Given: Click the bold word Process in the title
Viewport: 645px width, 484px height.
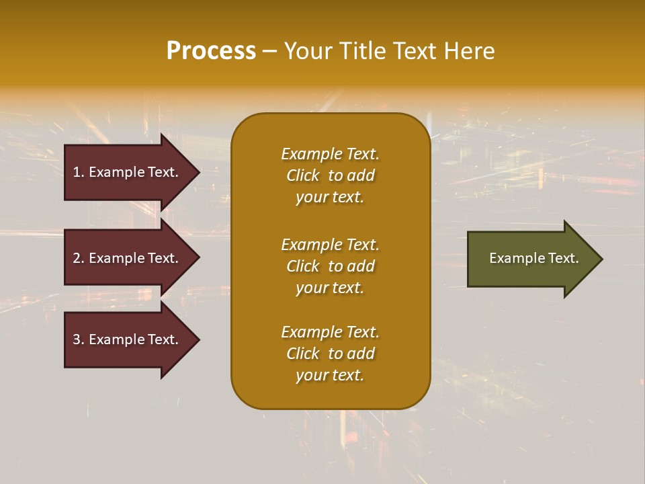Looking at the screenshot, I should pyautogui.click(x=211, y=51).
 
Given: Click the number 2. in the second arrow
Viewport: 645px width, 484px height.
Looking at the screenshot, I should pyautogui.click(x=79, y=258).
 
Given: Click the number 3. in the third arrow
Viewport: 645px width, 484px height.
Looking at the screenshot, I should pyautogui.click(x=79, y=339).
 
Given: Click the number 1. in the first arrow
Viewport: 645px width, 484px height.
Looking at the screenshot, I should pyautogui.click(x=79, y=172).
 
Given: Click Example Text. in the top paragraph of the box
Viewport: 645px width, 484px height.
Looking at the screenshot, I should pyautogui.click(x=330, y=154).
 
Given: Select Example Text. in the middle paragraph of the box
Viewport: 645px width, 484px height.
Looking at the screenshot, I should pyautogui.click(x=330, y=245).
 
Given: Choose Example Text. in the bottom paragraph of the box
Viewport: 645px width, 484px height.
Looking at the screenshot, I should pyautogui.click(x=330, y=332).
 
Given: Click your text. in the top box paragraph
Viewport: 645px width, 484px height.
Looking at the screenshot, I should pyautogui.click(x=330, y=198).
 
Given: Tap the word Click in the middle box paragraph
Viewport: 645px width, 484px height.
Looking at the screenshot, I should pyautogui.click(x=303, y=266).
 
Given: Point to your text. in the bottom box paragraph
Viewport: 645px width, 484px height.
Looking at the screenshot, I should pyautogui.click(x=330, y=376).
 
